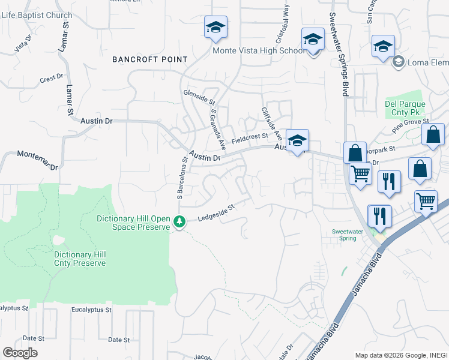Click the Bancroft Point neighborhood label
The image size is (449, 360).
click(150, 60)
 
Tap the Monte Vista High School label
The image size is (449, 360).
click(259, 51)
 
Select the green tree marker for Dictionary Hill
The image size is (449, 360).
click(179, 223)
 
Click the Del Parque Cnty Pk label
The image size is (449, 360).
click(405, 108)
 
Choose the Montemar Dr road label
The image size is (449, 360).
click(38, 160)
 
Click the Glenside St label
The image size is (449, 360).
click(199, 99)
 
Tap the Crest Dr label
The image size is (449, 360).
click(52, 78)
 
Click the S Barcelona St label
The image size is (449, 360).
click(179, 178)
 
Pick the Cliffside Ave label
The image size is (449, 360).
click(269, 124)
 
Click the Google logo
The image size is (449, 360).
click(20, 352)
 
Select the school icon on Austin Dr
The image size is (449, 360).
click(297, 142)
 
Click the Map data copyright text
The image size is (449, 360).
click(400, 355)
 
